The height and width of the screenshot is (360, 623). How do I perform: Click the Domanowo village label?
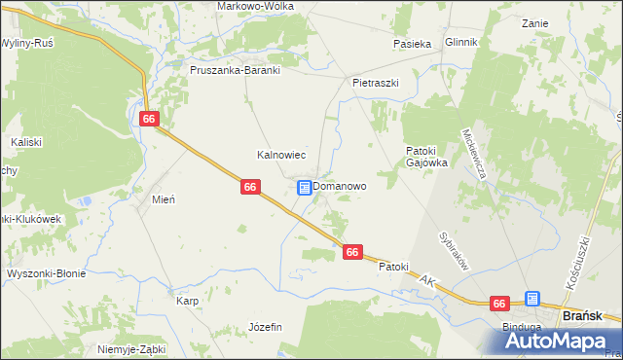coord(340,186)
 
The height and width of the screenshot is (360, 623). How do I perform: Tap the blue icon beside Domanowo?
coord(305,187)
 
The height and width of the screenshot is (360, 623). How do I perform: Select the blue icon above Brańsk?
coord(532,299)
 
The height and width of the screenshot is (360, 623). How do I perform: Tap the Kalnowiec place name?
coord(281,155)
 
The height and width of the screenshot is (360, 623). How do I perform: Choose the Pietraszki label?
coord(376,84)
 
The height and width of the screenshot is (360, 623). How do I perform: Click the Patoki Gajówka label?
coord(426,157)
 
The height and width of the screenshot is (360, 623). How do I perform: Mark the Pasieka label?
coord(412,44)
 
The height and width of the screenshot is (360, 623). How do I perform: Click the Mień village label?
coord(163,199)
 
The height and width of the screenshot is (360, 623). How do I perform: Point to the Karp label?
coord(187,302)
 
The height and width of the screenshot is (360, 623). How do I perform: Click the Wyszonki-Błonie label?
coord(46,273)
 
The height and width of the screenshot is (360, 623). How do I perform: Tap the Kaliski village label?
coord(26,142)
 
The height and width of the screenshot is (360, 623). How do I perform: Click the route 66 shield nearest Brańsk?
coord(500,304)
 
